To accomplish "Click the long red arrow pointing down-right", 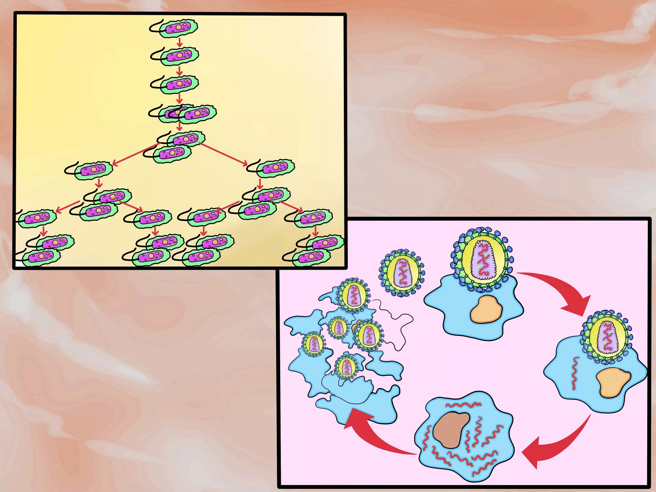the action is (x=224, y=154).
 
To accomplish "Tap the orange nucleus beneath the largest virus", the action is (x=486, y=308).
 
